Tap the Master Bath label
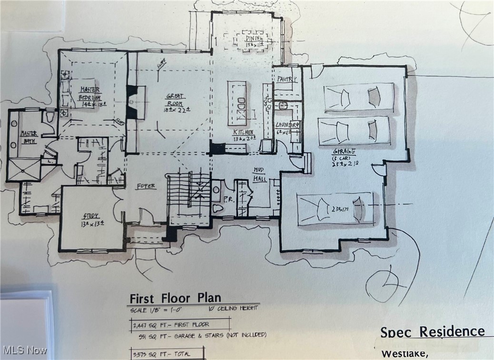(29, 137)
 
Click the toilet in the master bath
(50, 117)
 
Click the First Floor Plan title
(175, 298)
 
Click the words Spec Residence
(432, 331)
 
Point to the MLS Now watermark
(25, 350)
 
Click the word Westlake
(405, 354)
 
